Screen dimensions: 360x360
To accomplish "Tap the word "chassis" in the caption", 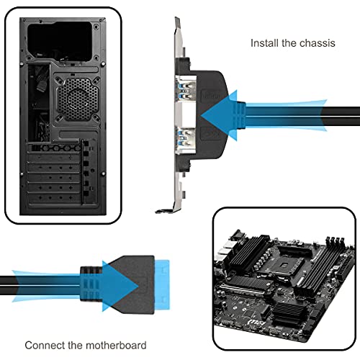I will pyautogui.click(x=318, y=43).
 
